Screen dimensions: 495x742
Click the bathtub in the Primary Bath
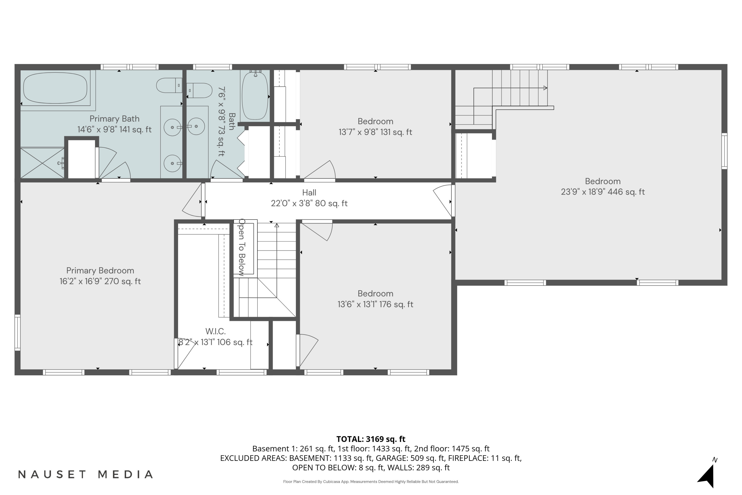[x=55, y=88]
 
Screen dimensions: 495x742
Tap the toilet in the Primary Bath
[x=169, y=86]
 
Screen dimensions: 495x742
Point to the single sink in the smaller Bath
[x=196, y=126]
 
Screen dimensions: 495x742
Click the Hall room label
[x=309, y=193]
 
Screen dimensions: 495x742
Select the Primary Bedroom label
[x=100, y=271]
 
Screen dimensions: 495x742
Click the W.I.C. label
[x=215, y=331]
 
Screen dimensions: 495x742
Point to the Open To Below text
[x=242, y=247]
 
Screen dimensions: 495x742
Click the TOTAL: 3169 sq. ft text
[x=371, y=439]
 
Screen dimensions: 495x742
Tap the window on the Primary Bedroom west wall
[x=18, y=332]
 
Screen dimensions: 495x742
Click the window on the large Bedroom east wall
[x=725, y=151]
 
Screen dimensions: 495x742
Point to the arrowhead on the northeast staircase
[x=545, y=88]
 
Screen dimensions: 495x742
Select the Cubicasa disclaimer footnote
[x=371, y=482]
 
